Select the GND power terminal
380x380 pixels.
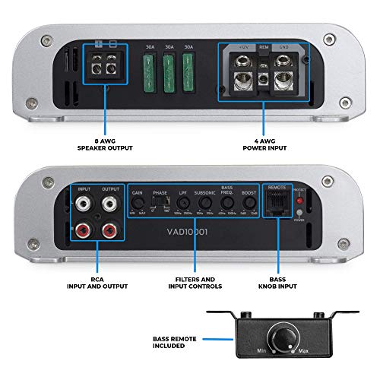[x=286, y=75]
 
